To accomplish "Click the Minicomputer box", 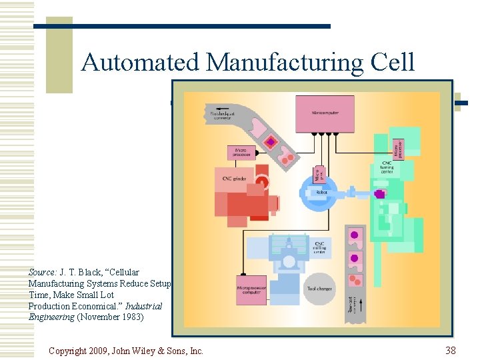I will [x=324, y=113].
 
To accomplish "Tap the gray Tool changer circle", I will [x=320, y=289].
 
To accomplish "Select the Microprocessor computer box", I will [x=251, y=290].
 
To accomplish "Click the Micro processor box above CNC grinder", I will [x=241, y=153].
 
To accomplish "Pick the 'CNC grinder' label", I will [x=232, y=178].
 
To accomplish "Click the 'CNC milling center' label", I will [x=321, y=247].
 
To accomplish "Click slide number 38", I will [x=451, y=350].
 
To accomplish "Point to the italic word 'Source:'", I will [x=42, y=272].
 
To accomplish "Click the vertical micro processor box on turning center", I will [x=399, y=149].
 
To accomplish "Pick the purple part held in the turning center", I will [x=380, y=194].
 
